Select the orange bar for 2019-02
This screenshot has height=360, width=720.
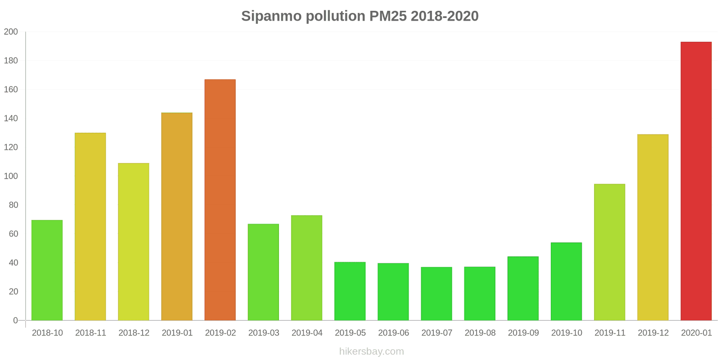point(220,200)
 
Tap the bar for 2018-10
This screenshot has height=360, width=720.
point(47,270)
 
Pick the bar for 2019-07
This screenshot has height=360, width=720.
point(436,293)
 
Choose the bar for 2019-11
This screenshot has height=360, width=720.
point(609,252)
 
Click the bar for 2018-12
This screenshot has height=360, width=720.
point(134,242)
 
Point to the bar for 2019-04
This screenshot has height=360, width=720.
point(306,268)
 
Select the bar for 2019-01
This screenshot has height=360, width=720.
point(177,216)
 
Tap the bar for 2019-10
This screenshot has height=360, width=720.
point(566,281)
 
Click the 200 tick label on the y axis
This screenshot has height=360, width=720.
point(11,32)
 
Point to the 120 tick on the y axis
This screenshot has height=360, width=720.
point(11,147)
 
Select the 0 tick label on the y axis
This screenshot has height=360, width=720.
point(15,320)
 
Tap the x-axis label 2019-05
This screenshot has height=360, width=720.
point(350,333)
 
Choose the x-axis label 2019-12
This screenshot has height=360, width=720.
point(653,333)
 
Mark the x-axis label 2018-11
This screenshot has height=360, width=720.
point(90,333)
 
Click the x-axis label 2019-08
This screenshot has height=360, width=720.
point(480,333)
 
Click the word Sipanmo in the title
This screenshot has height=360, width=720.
point(271,16)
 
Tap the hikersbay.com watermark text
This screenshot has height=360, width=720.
point(372,351)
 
